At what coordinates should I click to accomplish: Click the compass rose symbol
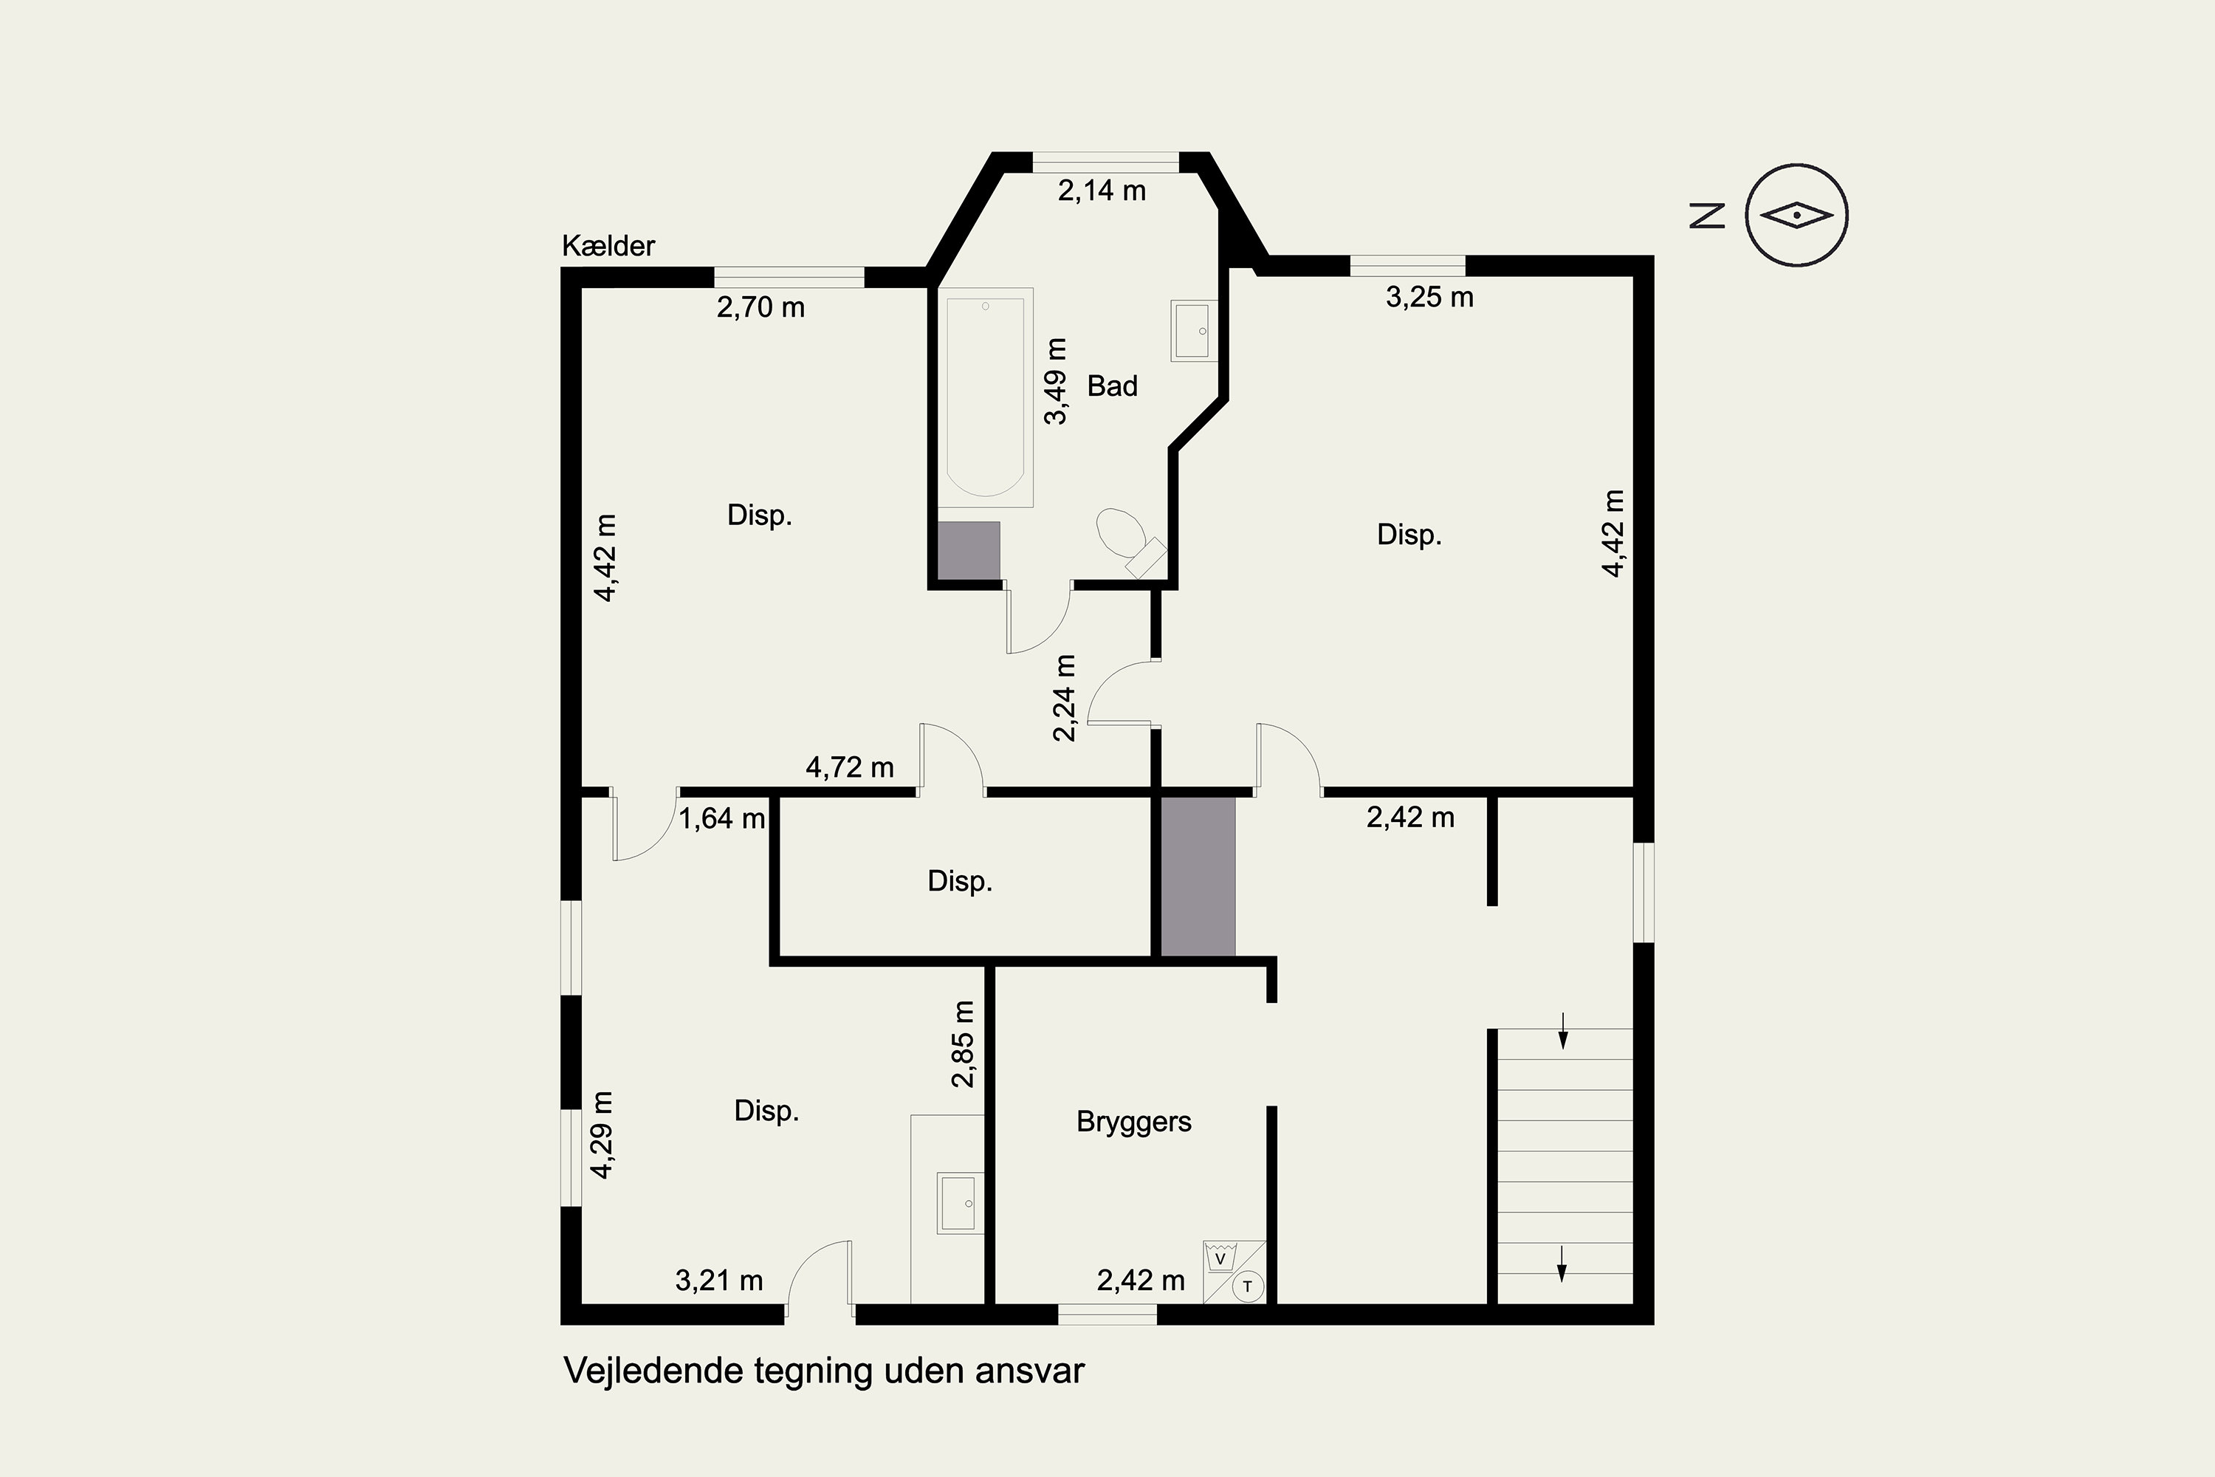click(x=1797, y=215)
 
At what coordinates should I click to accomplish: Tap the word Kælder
click(x=608, y=246)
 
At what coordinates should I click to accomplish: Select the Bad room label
click(x=1112, y=385)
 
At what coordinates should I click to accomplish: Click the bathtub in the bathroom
click(x=985, y=397)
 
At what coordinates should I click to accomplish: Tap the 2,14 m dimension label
click(x=1102, y=191)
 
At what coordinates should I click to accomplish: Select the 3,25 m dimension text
click(x=1429, y=298)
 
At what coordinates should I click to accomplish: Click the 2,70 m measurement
click(x=761, y=308)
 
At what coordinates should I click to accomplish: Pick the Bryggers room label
click(x=1134, y=1122)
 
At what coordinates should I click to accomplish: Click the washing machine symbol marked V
click(x=1220, y=1258)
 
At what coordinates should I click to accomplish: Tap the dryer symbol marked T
click(x=1248, y=1286)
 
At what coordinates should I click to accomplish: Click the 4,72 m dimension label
click(x=850, y=768)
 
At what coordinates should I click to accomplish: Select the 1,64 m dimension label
click(x=722, y=818)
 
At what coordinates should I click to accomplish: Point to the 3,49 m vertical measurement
click(x=1057, y=382)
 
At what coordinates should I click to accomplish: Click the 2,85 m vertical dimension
click(x=963, y=1044)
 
